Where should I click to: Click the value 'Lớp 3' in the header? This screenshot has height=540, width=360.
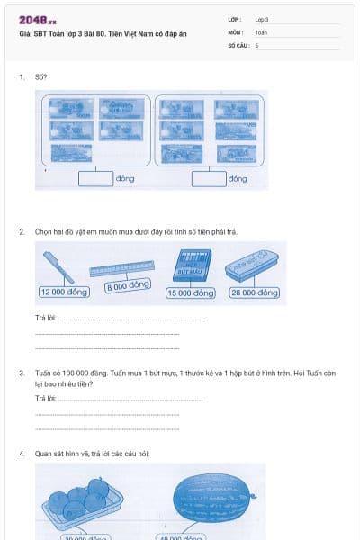coord(262,19)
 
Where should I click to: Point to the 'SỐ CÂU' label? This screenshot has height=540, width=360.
coord(238,44)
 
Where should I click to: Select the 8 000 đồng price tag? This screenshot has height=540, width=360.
coord(127,286)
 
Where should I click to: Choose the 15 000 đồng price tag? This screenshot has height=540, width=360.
coord(190,292)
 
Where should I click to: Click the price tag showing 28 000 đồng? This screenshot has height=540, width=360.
coord(255,292)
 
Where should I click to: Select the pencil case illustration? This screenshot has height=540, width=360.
coord(250,264)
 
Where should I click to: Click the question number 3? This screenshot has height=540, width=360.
coord(22,372)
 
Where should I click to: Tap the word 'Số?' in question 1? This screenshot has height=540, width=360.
coord(40,77)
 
